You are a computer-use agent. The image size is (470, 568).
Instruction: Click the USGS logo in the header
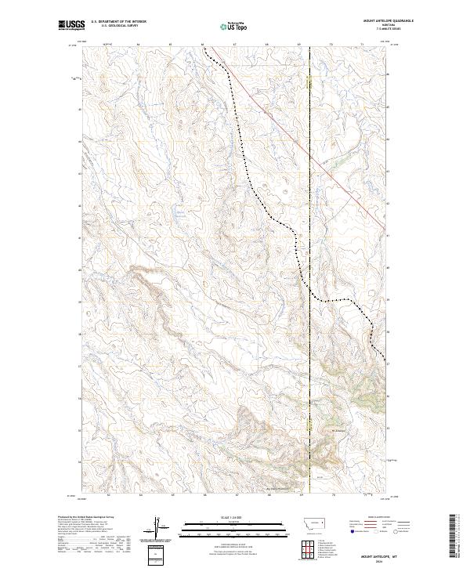71,25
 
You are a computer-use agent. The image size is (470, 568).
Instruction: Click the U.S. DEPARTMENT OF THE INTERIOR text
118,22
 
